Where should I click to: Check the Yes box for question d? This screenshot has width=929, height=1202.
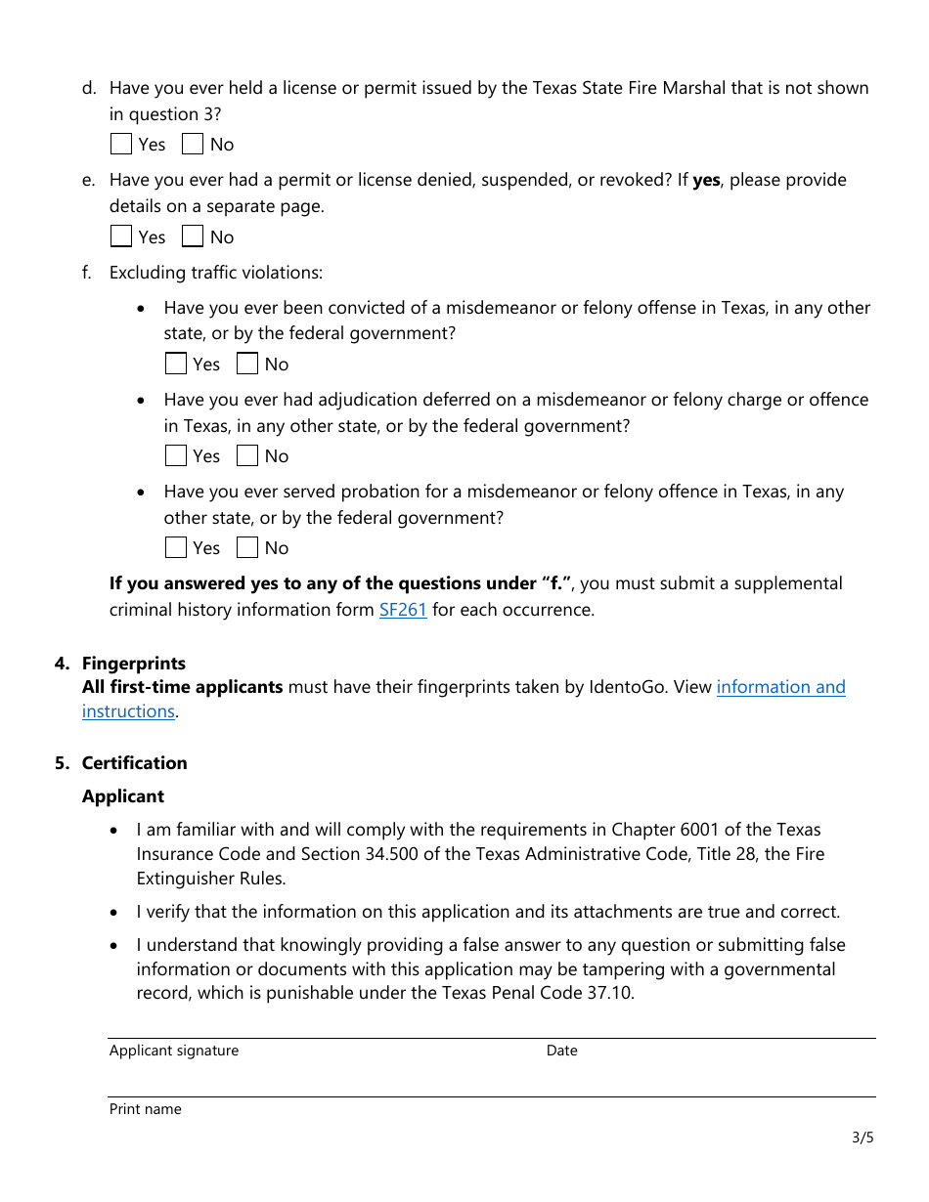[121, 145]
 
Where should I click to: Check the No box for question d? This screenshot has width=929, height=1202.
[193, 145]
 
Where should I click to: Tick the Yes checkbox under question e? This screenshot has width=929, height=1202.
[121, 237]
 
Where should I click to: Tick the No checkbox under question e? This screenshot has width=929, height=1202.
[193, 237]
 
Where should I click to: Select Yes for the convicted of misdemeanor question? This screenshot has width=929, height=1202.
[176, 365]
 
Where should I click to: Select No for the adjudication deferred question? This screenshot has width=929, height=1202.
[247, 456]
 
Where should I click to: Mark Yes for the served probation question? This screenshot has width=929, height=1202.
[176, 548]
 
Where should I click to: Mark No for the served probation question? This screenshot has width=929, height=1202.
[247, 548]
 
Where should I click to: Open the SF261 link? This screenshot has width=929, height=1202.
[403, 610]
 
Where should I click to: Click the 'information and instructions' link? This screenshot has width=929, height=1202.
[780, 687]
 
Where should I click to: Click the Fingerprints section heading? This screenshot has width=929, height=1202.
[134, 664]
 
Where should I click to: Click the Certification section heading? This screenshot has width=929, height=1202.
[134, 763]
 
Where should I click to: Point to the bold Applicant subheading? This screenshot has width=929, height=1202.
[123, 796]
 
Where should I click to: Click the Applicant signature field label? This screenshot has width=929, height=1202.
[174, 1051]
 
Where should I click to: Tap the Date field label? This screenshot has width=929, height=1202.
[562, 1051]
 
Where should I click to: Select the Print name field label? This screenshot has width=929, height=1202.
[146, 1109]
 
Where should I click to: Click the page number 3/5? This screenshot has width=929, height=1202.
[863, 1138]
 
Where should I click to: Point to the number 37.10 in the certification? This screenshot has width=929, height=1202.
[612, 994]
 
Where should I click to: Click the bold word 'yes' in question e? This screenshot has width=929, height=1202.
[706, 180]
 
